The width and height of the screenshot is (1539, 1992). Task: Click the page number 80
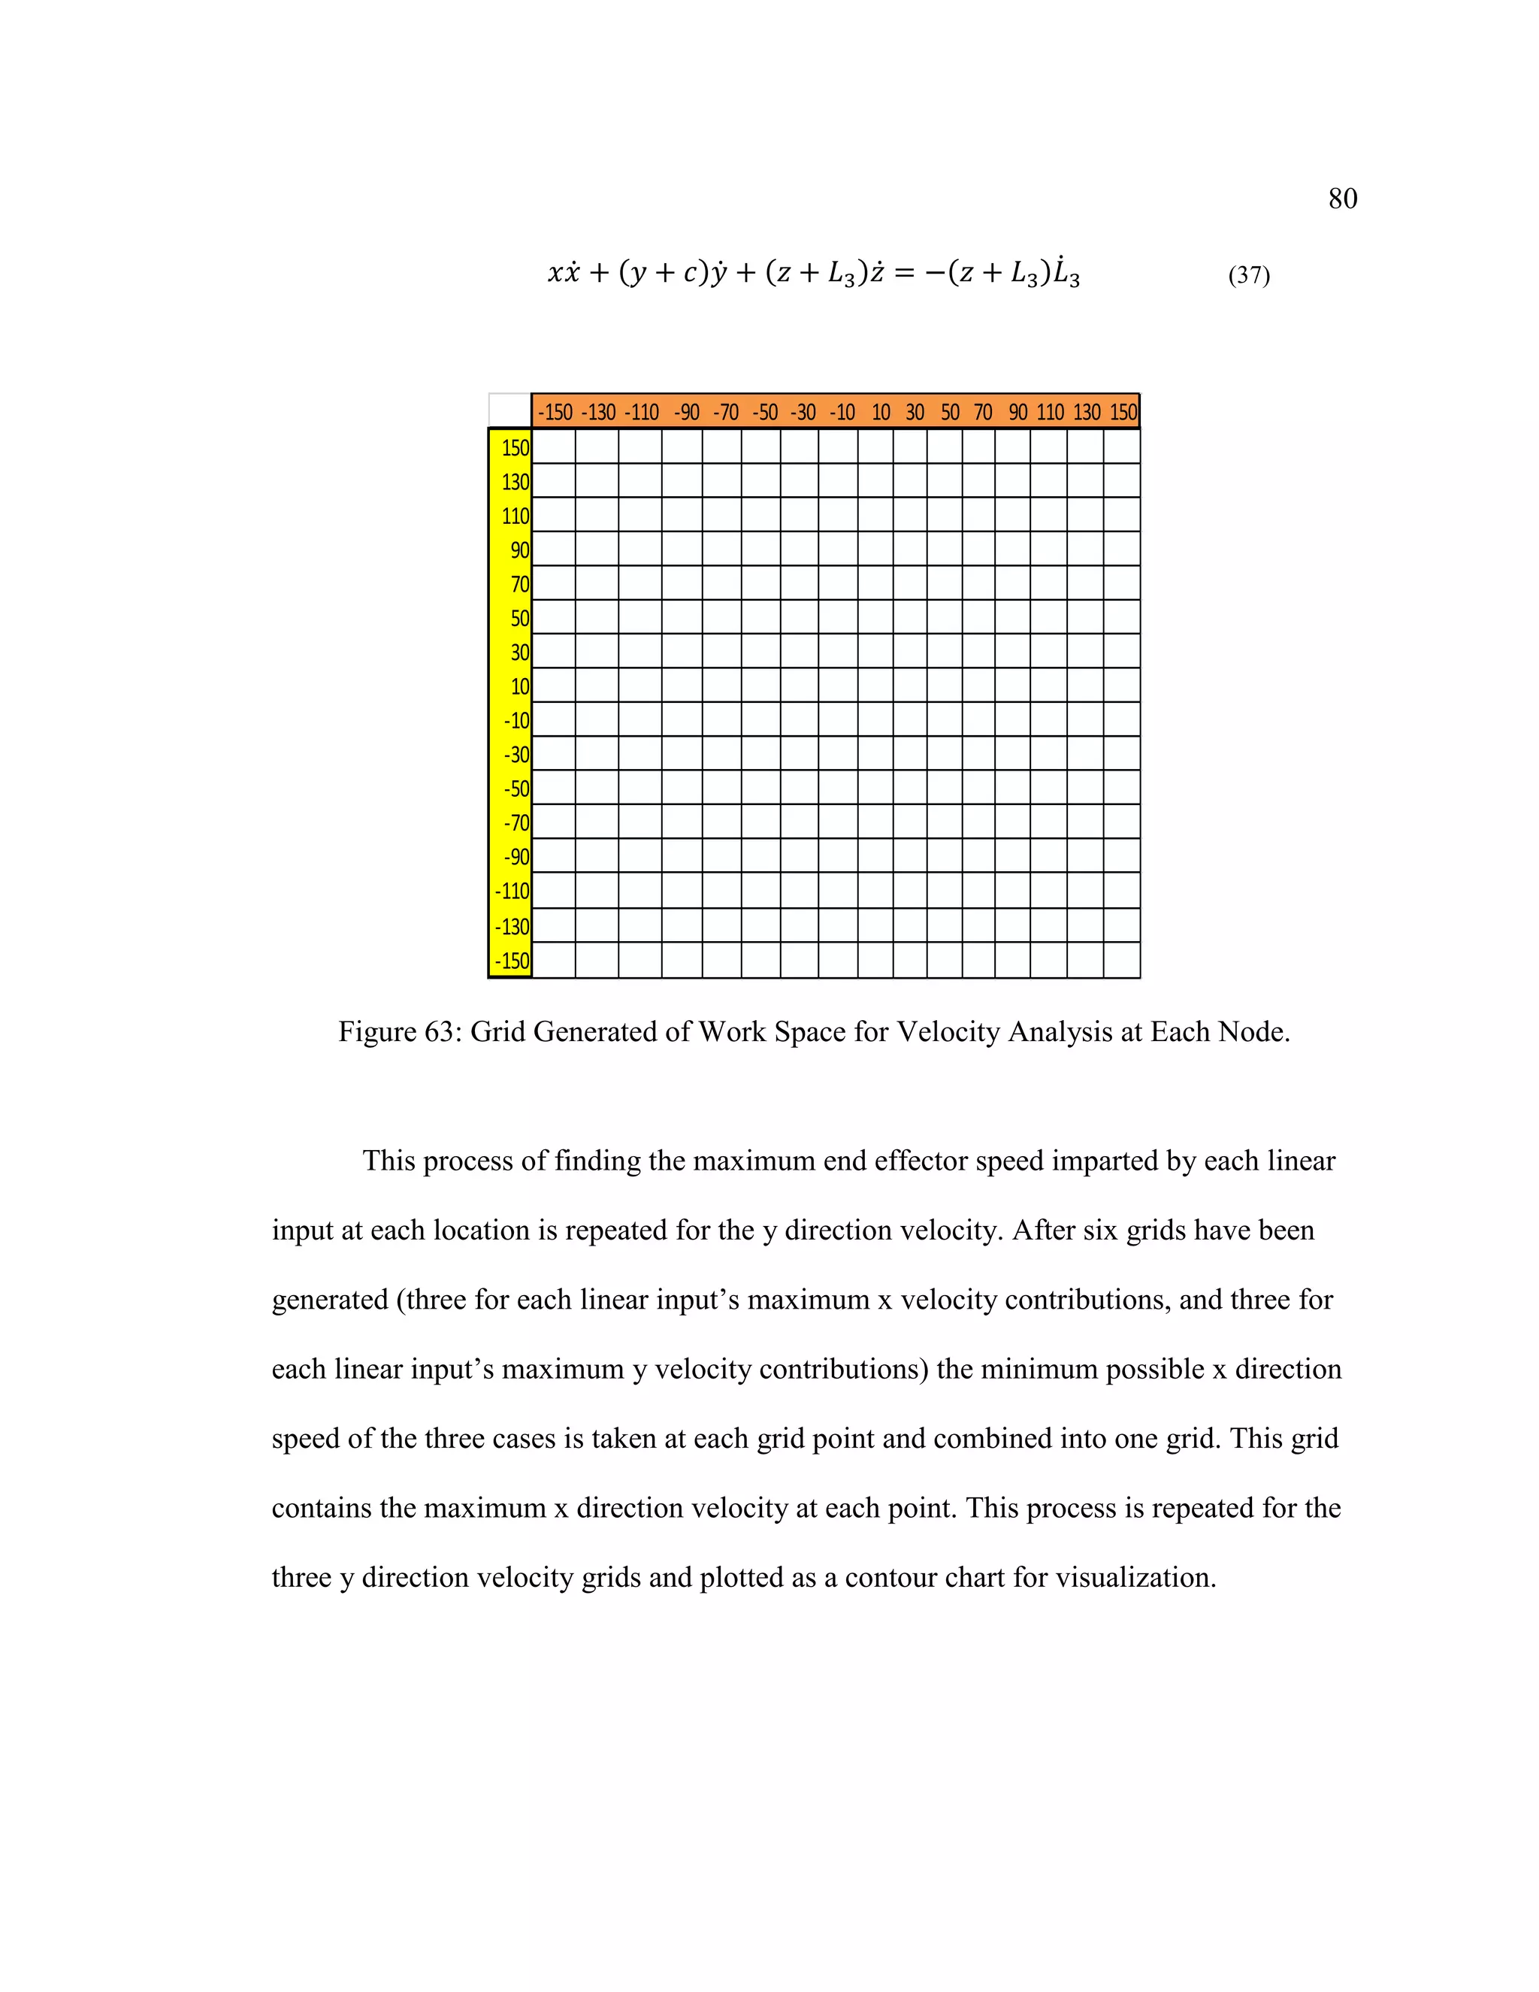pyautogui.click(x=1342, y=199)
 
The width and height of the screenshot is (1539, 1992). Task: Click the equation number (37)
pyautogui.click(x=1248, y=274)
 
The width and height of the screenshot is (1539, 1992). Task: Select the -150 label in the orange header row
pyautogui.click(x=555, y=412)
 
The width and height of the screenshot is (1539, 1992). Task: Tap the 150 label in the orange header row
pyautogui.click(x=1123, y=412)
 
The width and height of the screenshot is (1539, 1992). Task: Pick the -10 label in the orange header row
pyautogui.click(x=842, y=412)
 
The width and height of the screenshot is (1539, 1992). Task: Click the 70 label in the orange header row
pyautogui.click(x=982, y=412)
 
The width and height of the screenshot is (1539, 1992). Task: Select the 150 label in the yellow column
pyautogui.click(x=515, y=448)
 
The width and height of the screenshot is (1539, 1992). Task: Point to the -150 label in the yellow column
pyautogui.click(x=512, y=961)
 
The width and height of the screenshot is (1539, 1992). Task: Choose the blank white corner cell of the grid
pyautogui.click(x=509, y=410)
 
